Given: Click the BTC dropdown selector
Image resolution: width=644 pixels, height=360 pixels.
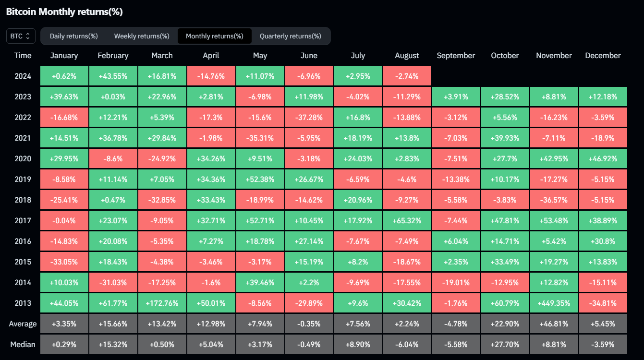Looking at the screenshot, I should (x=21, y=36).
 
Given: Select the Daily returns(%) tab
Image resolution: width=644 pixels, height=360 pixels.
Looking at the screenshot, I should (x=74, y=36).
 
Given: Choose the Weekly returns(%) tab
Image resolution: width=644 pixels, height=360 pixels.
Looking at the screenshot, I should (x=142, y=36).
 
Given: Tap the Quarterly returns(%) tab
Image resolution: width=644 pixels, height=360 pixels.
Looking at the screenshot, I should (x=291, y=36).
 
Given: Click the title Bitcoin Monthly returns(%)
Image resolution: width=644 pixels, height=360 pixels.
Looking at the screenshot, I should (x=64, y=12).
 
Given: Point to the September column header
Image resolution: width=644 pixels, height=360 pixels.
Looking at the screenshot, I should (x=456, y=56).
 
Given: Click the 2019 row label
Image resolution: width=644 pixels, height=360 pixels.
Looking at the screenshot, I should (x=23, y=180).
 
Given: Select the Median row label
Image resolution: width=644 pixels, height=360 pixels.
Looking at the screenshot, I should (x=23, y=344).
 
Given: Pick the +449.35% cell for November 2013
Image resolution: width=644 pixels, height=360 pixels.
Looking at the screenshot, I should (x=554, y=303).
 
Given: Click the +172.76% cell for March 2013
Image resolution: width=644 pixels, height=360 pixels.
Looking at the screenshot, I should (x=162, y=303).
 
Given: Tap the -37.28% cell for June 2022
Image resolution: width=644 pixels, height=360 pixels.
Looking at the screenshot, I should (x=309, y=118).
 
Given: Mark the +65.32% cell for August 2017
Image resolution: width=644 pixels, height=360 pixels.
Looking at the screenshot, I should (x=407, y=221).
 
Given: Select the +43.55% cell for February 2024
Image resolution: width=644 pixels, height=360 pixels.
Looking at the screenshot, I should (x=113, y=76).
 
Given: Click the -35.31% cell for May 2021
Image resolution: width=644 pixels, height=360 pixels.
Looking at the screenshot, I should (x=260, y=138).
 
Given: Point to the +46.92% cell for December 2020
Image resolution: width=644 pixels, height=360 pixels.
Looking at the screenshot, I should (x=603, y=159).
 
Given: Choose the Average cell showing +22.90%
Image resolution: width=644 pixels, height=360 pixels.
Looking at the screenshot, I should (x=505, y=324).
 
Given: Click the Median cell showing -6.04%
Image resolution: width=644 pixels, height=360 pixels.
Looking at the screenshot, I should (x=407, y=345).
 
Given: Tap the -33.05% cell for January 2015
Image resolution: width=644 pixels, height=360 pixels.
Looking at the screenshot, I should (x=64, y=262).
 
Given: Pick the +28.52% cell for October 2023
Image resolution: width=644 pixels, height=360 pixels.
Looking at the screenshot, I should (x=505, y=97).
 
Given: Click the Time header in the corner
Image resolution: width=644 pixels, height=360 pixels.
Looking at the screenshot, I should (x=23, y=56).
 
